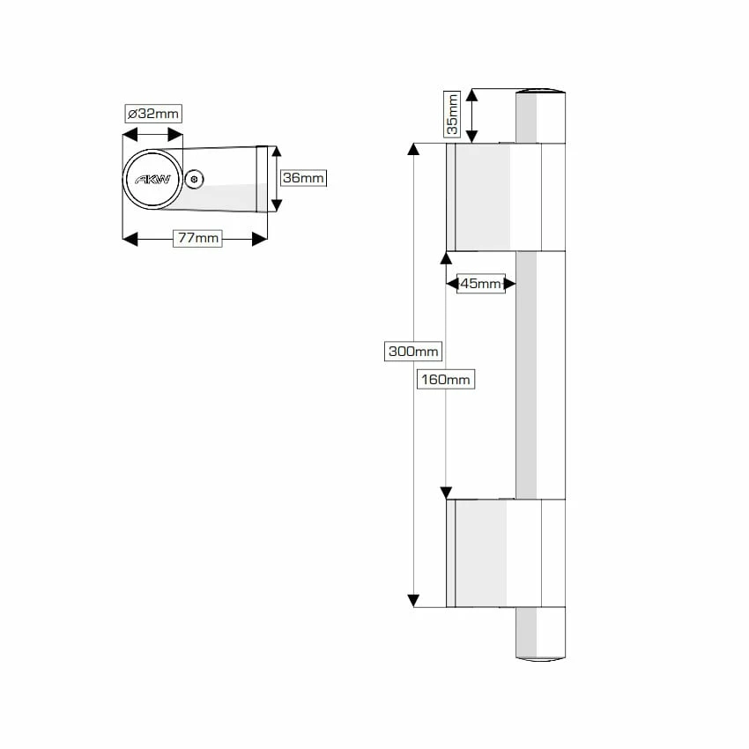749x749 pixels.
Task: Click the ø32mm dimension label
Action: (152, 114)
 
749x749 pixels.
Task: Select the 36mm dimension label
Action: (302, 178)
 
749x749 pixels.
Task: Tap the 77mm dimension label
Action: (197, 238)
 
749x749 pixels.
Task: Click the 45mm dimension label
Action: (481, 283)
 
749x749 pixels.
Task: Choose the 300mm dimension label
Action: (413, 351)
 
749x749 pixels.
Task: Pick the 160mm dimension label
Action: (445, 380)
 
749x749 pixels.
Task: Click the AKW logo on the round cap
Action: (152, 179)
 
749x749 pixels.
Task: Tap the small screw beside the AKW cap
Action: (195, 180)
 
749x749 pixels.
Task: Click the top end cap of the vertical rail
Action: (540, 93)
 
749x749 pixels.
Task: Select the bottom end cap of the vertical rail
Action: (540, 656)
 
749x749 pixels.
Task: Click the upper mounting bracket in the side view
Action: (493, 197)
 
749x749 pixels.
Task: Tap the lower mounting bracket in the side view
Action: (493, 553)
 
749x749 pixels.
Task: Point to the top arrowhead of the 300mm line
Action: (413, 148)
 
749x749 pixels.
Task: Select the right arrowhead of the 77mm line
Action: (260, 239)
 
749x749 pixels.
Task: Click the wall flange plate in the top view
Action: (262, 180)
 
